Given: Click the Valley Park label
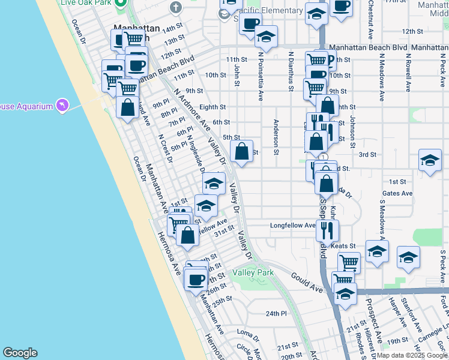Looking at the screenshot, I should click(257, 272).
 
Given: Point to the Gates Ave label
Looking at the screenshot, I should click(397, 193).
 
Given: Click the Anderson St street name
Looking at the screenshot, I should click(276, 137).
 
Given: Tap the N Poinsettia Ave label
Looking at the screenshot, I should click(261, 75).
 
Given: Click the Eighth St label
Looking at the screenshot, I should click(212, 107).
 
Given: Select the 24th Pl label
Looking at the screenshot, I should click(277, 313).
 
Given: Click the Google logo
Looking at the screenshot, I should click(20, 353).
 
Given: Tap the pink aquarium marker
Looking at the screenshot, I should click(62, 106).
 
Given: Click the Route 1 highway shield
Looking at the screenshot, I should click(324, 157).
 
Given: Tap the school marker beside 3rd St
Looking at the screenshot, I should click(430, 160).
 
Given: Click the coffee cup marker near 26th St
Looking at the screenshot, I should click(196, 279).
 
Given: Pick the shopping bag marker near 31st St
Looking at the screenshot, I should click(187, 235).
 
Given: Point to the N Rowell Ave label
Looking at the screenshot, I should click(408, 71).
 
